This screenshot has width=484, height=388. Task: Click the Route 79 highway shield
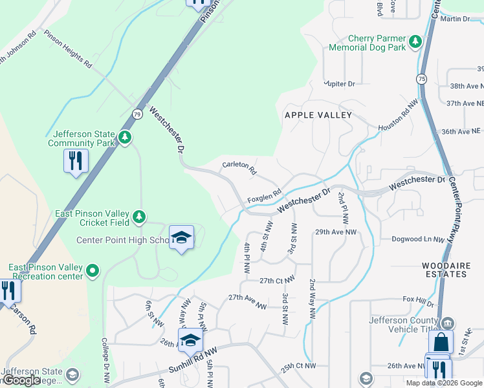pyautogui.click(x=137, y=114)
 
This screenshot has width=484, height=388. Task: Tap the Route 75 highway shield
pyautogui.click(x=421, y=78)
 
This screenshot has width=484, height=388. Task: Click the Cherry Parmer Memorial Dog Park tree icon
pyautogui.click(x=415, y=43)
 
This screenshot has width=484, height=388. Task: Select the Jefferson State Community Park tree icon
pyautogui.click(x=125, y=137)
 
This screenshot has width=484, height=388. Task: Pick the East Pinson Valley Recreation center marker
pyautogui.click(x=93, y=270)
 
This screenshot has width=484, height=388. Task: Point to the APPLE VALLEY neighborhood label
pyautogui.click(x=318, y=115)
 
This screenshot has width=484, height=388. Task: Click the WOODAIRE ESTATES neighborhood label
pyautogui.click(x=444, y=270)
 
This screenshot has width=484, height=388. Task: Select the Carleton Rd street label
pyautogui.click(x=239, y=168)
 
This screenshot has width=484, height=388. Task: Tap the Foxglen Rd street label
pyautogui.click(x=264, y=194)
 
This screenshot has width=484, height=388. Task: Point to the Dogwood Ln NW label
pyautogui.click(x=419, y=239)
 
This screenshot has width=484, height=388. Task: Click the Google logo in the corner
pyautogui.click(x=22, y=380)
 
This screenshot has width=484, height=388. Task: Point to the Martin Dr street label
pyautogui.click(x=455, y=19)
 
